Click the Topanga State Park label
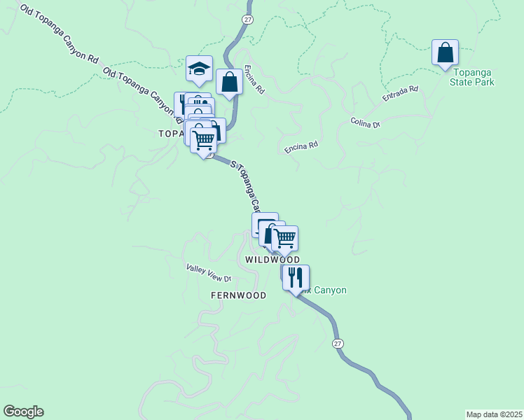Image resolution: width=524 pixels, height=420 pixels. [x=474, y=77]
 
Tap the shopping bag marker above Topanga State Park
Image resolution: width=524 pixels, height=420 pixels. [x=445, y=52]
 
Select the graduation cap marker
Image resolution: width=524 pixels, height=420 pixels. [x=199, y=69]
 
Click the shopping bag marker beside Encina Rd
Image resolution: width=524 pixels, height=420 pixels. [x=229, y=82]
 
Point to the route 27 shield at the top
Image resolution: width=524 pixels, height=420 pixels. [x=247, y=19]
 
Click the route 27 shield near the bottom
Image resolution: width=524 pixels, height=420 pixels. [x=338, y=343]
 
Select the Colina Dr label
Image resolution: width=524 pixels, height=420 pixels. [x=365, y=122]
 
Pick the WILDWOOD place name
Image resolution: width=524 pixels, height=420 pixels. [x=273, y=260]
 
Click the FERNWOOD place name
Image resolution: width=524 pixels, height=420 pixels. [x=238, y=295]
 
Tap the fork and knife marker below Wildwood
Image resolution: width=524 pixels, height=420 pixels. [x=296, y=276]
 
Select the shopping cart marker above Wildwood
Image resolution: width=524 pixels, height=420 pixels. [x=284, y=238]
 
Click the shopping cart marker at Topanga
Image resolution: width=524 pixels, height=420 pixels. [x=204, y=139]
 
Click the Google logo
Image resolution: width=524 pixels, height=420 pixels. [x=23, y=412]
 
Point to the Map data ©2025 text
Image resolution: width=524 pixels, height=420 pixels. [x=495, y=414]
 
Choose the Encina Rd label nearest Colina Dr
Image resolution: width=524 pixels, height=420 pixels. [x=301, y=147]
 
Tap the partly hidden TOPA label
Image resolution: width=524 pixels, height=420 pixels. [x=171, y=133]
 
